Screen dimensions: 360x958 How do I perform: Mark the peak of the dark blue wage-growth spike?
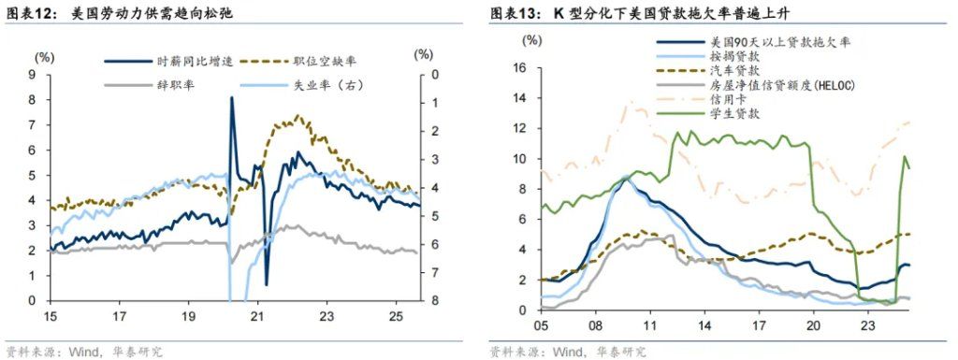(x=231, y=97)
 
